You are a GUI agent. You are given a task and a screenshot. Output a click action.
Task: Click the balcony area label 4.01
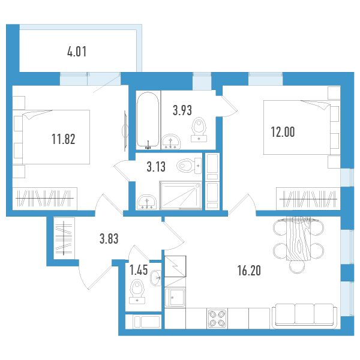pos(77,52)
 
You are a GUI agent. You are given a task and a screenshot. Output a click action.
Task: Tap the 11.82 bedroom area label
pos(64,139)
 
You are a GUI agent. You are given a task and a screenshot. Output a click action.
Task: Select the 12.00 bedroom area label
pos(283,132)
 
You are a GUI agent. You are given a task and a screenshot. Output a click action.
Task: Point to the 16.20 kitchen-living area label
pos(249,271)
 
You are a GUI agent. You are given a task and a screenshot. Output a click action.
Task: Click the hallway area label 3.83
pos(109,239)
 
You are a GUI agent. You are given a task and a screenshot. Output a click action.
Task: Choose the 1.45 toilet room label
pos(139,270)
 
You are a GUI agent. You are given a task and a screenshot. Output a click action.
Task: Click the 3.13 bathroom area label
pos(156,167)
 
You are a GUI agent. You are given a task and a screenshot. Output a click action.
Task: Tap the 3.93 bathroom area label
pos(182,110)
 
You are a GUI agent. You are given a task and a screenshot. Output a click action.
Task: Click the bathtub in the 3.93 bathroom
pos(148,120)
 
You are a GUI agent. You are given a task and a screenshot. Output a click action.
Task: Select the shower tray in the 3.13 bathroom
pos(181,196)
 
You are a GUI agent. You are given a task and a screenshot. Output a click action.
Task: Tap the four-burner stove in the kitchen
pos(217,318)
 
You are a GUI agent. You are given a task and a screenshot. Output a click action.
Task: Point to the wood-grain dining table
pos(298,239)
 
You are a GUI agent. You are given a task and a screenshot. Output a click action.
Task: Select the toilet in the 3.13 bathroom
pos(189,166)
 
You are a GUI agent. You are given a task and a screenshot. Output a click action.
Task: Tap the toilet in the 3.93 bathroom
pos(199,130)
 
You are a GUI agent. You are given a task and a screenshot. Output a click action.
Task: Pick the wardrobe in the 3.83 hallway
pos(64,238)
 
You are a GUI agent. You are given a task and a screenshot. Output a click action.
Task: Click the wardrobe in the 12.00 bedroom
pos(308,199)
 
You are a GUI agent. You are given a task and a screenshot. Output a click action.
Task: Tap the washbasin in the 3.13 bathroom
pos(146,202)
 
